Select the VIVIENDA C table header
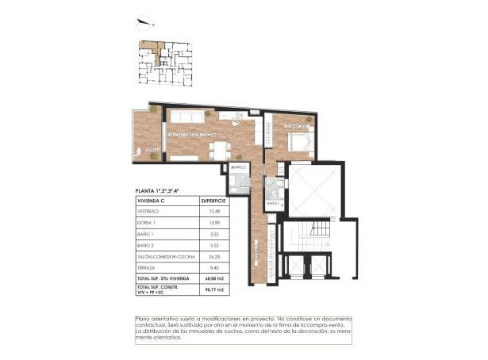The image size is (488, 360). pyautogui.click(x=155, y=202)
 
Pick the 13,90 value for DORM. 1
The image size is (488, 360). pyautogui.click(x=212, y=224)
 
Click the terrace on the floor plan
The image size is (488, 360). pyautogui.click(x=148, y=135)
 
